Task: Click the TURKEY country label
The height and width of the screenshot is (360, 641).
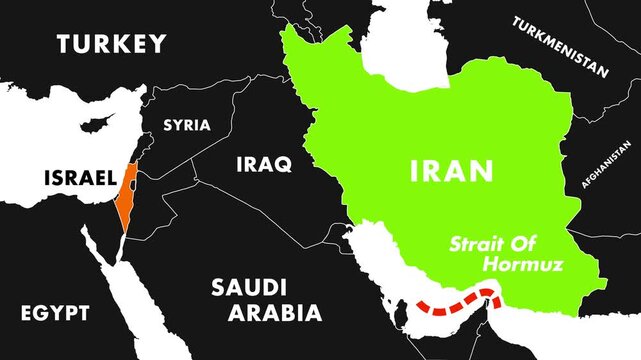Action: click(x=111, y=43)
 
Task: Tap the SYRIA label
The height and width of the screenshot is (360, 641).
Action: click(x=187, y=125)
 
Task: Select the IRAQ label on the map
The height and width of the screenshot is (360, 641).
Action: click(x=264, y=164)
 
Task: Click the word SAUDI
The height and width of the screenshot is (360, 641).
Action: click(x=250, y=288)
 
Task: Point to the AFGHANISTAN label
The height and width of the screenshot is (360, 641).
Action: click(x=609, y=156)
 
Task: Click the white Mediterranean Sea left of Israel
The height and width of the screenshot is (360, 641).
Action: click(x=50, y=140)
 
